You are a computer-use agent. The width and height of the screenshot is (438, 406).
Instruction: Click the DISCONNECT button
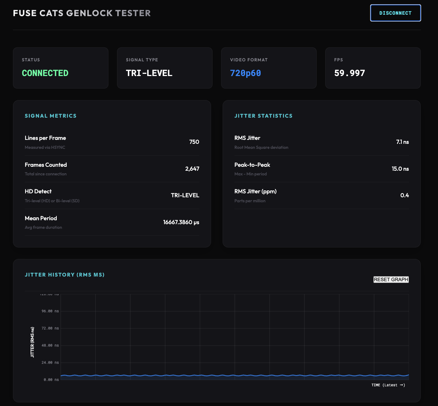pyautogui.click(x=395, y=13)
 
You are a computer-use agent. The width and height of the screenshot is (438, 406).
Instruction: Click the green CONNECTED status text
pyautogui.click(x=45, y=73)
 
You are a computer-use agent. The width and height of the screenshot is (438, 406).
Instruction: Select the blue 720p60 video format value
pyautogui.click(x=245, y=73)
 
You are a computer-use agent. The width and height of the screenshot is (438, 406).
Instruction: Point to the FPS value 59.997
pyautogui.click(x=349, y=73)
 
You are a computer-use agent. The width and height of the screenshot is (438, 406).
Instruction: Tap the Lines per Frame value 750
pyautogui.click(x=194, y=142)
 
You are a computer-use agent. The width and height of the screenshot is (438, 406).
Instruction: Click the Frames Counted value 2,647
pyautogui.click(x=192, y=169)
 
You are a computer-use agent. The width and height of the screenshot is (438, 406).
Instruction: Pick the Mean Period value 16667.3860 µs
pyautogui.click(x=181, y=222)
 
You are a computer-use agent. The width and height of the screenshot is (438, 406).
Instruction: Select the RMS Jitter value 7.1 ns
pyautogui.click(x=402, y=142)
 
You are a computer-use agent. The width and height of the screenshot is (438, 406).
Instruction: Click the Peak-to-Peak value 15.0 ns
pyautogui.click(x=400, y=169)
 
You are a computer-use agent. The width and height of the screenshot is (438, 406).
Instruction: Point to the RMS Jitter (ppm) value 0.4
pyautogui.click(x=405, y=195)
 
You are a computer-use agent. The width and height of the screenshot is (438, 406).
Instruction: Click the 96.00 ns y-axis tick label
pyautogui.click(x=50, y=311)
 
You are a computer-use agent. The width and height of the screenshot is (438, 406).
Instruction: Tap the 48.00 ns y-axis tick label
pyautogui.click(x=50, y=345)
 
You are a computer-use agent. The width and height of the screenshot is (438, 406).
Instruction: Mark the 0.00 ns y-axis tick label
pyautogui.click(x=51, y=379)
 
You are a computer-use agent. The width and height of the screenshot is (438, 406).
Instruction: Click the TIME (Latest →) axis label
pyautogui.click(x=388, y=385)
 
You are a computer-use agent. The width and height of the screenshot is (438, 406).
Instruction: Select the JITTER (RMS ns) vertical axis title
pyautogui.click(x=33, y=342)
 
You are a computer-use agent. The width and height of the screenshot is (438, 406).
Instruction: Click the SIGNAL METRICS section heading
pyautogui.click(x=51, y=116)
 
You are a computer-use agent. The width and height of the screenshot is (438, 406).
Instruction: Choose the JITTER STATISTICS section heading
pyautogui.click(x=263, y=116)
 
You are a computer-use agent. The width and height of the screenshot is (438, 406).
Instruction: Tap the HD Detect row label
pyautogui.click(x=38, y=192)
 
